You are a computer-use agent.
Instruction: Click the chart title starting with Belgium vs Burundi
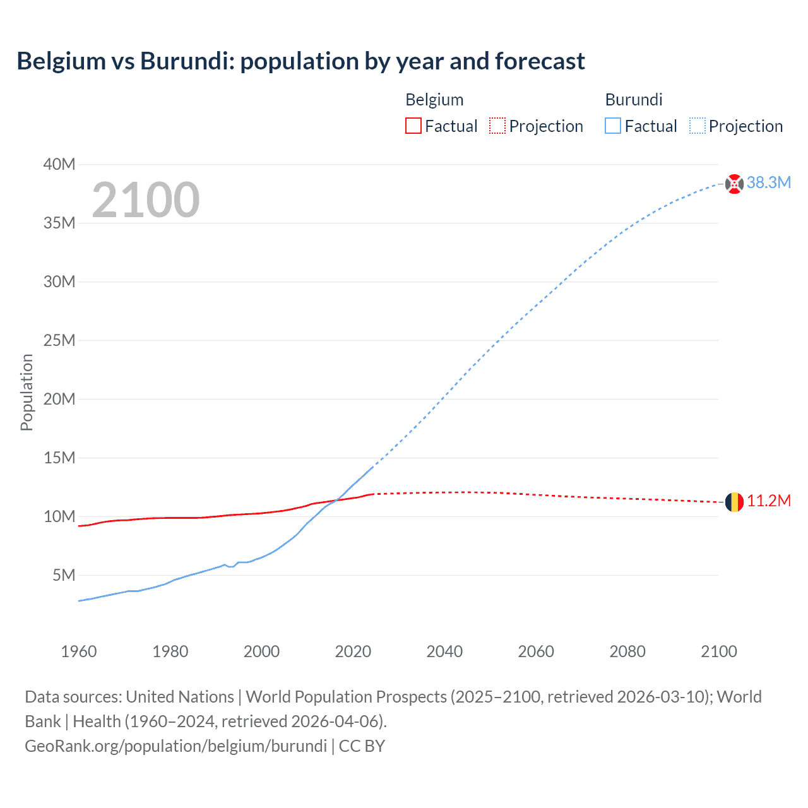(x=300, y=61)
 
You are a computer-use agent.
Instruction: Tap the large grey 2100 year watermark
(x=146, y=200)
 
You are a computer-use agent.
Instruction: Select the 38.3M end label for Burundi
(x=768, y=183)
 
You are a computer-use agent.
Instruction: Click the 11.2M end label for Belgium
(x=768, y=501)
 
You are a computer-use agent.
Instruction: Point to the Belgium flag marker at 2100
(x=734, y=502)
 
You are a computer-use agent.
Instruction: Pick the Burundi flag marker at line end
(x=734, y=184)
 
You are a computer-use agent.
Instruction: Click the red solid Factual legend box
(x=413, y=126)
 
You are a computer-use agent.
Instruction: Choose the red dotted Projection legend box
(x=497, y=126)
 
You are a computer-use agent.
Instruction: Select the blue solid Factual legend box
(x=612, y=126)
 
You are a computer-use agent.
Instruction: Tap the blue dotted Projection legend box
(x=697, y=126)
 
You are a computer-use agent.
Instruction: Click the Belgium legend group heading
(x=434, y=100)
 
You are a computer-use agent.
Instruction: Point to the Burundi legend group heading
(x=634, y=100)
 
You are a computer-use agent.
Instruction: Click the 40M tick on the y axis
(x=59, y=165)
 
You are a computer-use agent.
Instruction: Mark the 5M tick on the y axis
(x=64, y=575)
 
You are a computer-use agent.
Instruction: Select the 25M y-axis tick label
(x=59, y=341)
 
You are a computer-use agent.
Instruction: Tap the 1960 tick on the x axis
(x=79, y=651)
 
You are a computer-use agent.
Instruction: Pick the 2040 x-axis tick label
(x=444, y=651)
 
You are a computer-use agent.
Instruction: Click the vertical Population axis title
(x=27, y=392)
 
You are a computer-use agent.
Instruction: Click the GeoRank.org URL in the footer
(x=175, y=746)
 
